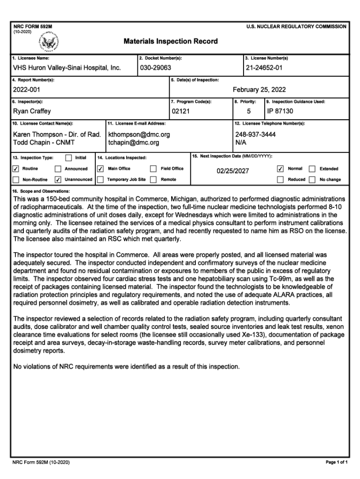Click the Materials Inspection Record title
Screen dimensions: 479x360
pos(171,41)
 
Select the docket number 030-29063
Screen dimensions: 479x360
pos(156,68)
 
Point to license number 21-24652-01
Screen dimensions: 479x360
pos(264,68)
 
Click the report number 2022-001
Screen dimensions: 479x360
pos(27,90)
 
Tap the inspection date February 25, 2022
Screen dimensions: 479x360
pos(259,90)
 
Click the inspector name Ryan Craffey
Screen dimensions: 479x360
pos(32,111)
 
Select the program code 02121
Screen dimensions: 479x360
pos(180,111)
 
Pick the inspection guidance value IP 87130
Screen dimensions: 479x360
pos(280,111)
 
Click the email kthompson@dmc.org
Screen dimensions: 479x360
pos(139,134)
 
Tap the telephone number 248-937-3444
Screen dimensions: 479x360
pos(255,134)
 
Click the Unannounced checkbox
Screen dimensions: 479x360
pos(58,180)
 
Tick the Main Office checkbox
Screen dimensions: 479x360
pos(100,169)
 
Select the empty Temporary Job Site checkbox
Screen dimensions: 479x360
pos(100,180)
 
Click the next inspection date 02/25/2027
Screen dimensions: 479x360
pos(232,171)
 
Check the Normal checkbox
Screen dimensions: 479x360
pos(281,169)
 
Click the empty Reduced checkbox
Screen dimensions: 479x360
pos(281,180)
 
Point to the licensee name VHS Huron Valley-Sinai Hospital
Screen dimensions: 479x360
pos(67,68)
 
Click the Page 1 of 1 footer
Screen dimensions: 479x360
pos(337,463)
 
